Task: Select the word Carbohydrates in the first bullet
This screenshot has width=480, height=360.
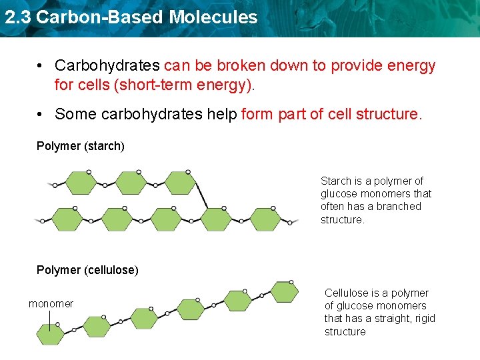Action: pyautogui.click(x=107, y=66)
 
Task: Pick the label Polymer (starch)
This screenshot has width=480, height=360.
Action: pyautogui.click(x=81, y=146)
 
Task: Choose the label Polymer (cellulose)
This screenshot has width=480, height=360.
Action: pyautogui.click(x=87, y=270)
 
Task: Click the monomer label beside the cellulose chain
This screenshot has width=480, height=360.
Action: pyautogui.click(x=51, y=304)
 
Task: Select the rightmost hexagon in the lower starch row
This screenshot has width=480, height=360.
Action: pyautogui.click(x=266, y=219)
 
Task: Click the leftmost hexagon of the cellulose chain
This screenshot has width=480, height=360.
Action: pyautogui.click(x=50, y=334)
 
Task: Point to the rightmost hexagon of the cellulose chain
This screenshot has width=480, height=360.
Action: pyautogui.click(x=285, y=291)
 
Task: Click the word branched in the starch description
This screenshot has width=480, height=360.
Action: pyautogui.click(x=400, y=207)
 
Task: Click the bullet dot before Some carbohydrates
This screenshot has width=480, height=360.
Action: pyautogui.click(x=41, y=114)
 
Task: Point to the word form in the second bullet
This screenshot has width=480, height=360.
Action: pyautogui.click(x=256, y=114)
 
